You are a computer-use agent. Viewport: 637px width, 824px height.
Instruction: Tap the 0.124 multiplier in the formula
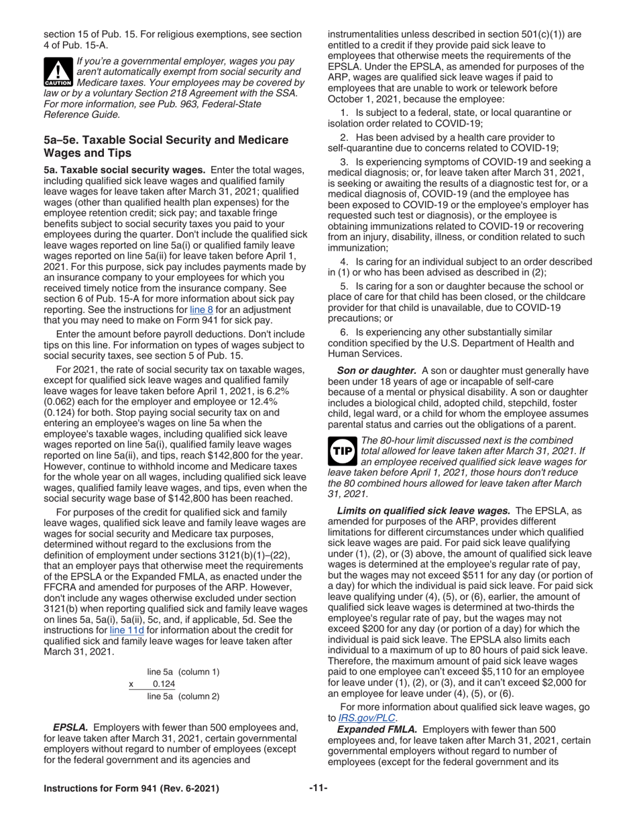[164, 684]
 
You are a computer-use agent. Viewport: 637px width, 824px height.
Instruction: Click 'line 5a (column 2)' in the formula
[183, 697]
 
